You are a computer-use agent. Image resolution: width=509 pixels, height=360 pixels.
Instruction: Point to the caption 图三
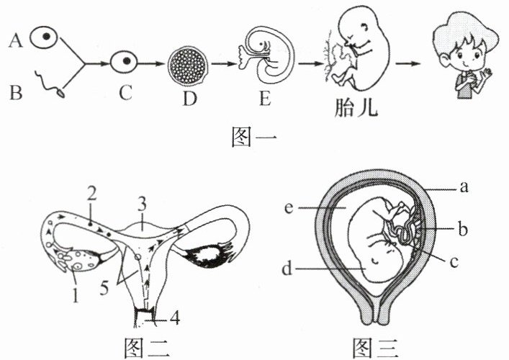pos(379,348)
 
